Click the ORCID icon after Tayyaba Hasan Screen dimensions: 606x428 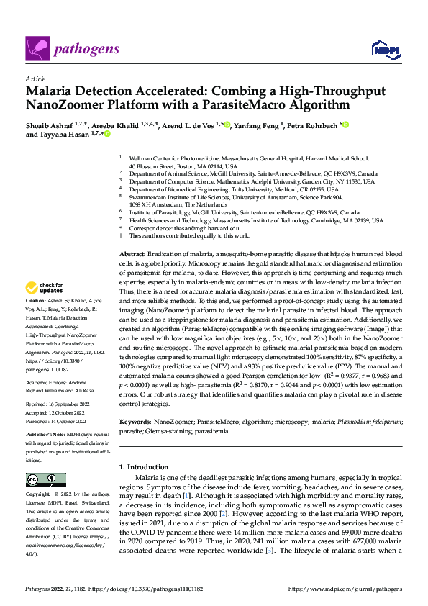108,134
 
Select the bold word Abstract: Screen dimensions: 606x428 132,255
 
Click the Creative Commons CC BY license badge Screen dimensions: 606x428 45,480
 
